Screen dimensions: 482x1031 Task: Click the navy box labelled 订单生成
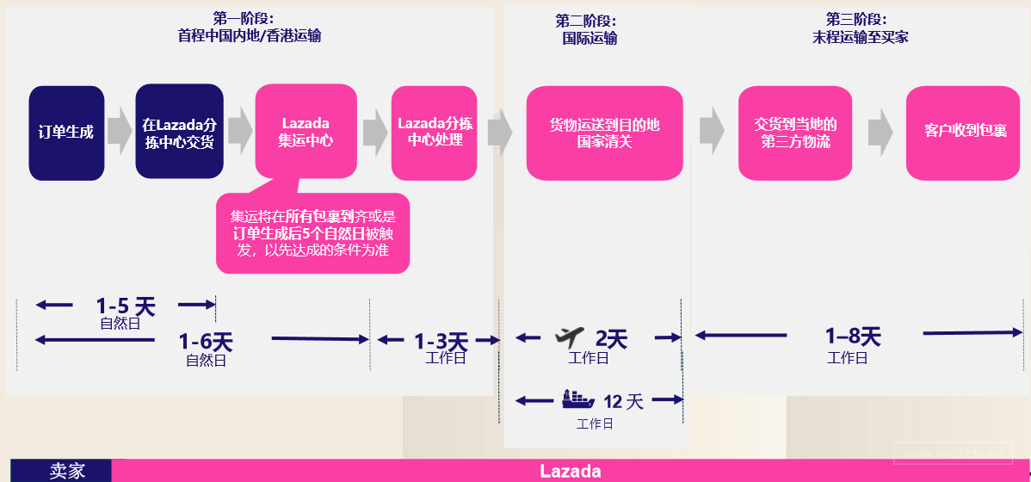66,133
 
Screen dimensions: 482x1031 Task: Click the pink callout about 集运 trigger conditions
312,233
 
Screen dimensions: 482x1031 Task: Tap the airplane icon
570,335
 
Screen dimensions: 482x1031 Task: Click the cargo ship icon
577,399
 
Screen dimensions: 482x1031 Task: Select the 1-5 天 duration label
126,306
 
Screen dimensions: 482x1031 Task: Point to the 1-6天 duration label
206,342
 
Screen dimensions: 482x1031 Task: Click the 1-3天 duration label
441,342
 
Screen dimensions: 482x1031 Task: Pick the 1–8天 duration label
853,336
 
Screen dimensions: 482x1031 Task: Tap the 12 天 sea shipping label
623,401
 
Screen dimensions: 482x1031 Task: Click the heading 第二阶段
586,21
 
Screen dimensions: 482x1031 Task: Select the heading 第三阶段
856,19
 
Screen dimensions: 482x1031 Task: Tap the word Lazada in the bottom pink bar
570,471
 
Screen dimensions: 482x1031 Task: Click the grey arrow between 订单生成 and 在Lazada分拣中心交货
120,129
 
